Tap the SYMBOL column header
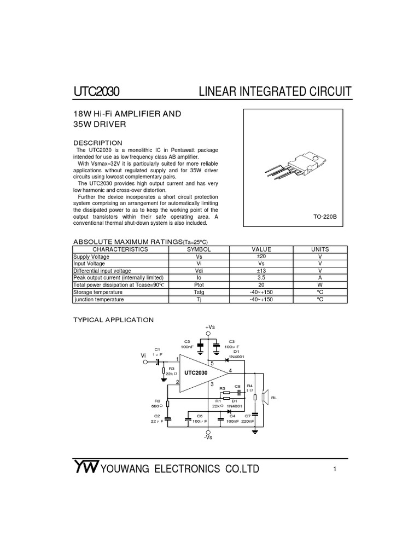click(199, 249)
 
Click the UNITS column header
click(320, 249)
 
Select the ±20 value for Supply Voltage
click(261, 256)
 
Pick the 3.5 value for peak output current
click(261, 278)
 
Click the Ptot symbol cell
click(199, 285)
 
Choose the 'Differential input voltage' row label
click(102, 271)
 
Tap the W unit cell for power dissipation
click(320, 285)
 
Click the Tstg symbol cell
click(199, 292)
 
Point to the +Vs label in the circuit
click(210, 326)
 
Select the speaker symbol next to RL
click(265, 398)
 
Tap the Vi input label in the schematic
click(144, 355)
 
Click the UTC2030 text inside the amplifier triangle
click(196, 373)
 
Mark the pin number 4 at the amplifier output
click(230, 371)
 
